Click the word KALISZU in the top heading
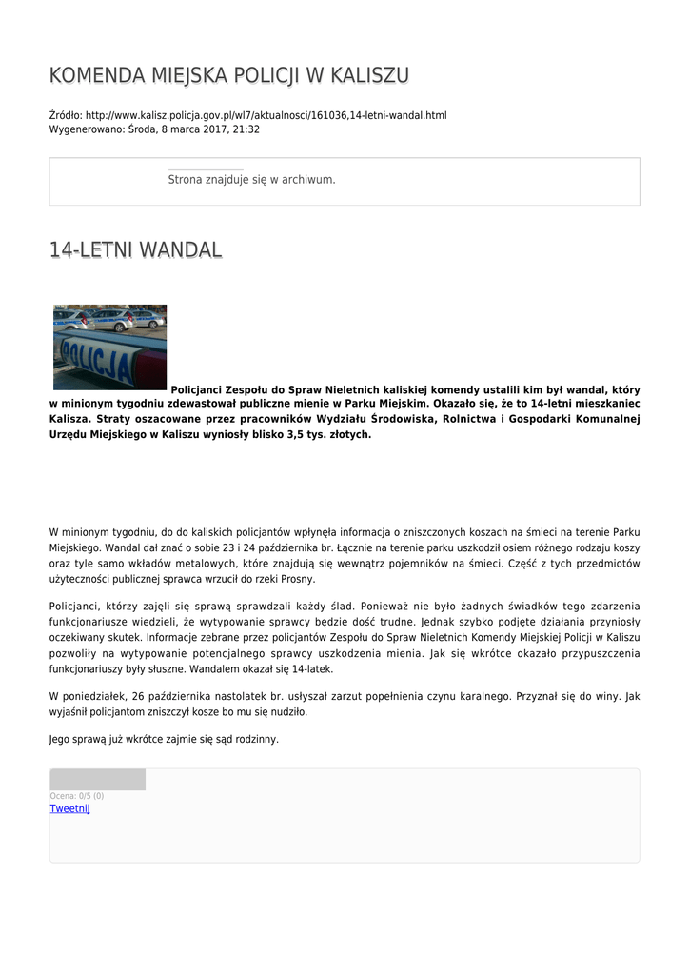coord(370,75)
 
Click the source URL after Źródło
coord(266,115)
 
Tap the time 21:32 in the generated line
coord(246,129)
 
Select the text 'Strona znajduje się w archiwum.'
coord(251,179)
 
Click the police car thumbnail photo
coord(109,347)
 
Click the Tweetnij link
coord(69,809)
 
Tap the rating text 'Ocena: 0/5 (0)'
coord(77,796)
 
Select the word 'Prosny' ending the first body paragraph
coord(297,579)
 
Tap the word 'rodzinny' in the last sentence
coord(257,739)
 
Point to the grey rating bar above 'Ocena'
coord(97,780)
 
